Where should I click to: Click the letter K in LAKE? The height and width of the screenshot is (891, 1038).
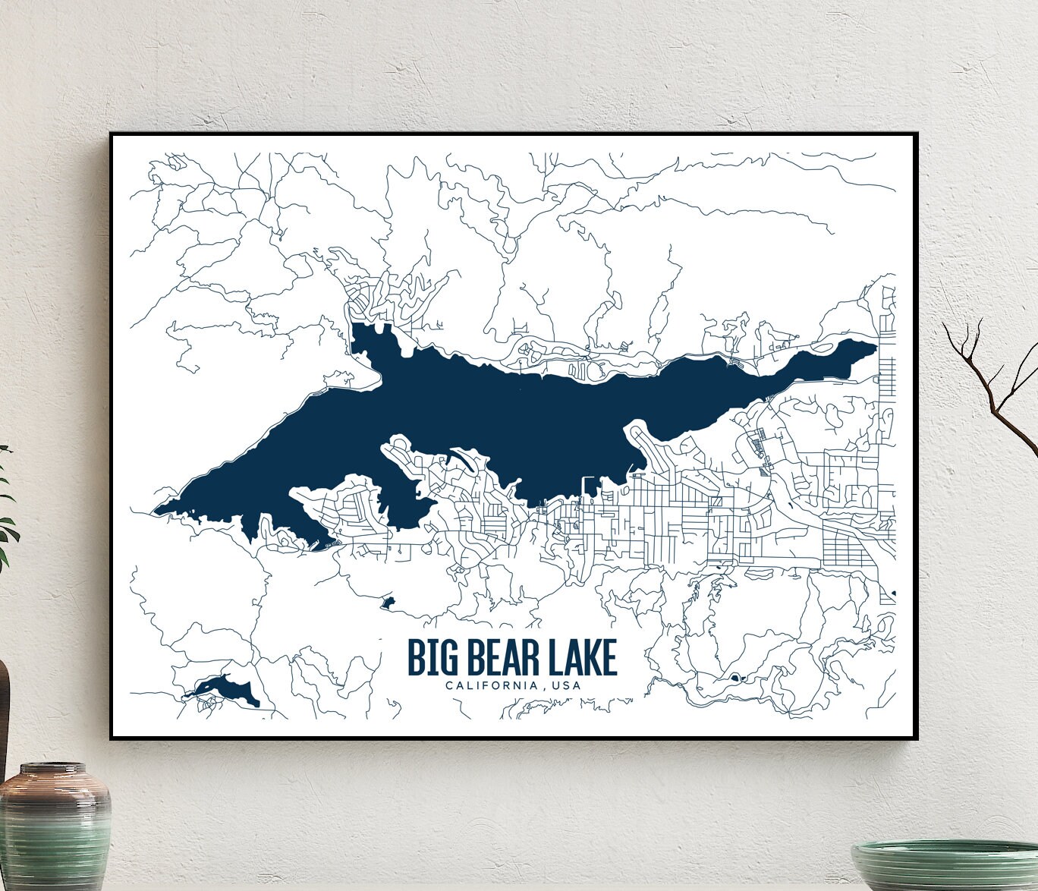588,657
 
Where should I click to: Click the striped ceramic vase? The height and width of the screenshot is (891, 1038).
55,831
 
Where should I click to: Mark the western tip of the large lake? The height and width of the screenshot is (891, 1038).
156,510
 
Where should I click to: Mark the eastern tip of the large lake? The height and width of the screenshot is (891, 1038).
875,347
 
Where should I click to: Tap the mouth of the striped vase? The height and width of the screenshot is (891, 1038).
55,769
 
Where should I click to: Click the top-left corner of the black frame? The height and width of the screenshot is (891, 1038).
112,135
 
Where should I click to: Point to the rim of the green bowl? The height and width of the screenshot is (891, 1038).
945,845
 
